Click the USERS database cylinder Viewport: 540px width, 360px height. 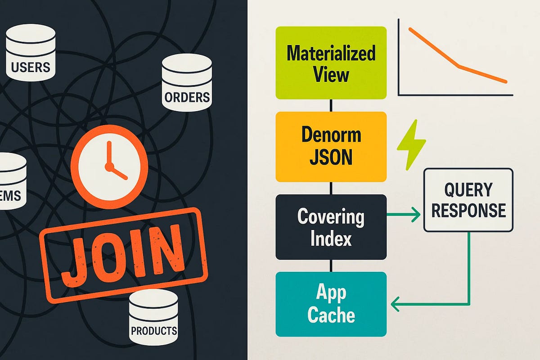(31, 53)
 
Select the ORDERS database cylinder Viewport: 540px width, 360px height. (187, 81)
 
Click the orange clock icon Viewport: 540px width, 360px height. (109, 166)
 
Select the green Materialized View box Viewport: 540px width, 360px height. (331, 63)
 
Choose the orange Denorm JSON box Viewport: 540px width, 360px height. (331, 147)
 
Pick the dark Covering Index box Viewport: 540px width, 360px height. (331, 227)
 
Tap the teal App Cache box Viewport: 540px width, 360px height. (331, 304)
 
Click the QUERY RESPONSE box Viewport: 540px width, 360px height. (468, 200)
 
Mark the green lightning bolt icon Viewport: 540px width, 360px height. (411, 144)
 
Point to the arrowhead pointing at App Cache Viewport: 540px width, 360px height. (396, 305)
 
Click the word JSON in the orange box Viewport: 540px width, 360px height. (331, 157)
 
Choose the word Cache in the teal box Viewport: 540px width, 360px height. (331, 315)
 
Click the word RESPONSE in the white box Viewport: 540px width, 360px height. (468, 210)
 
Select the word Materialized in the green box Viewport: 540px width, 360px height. (331, 53)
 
